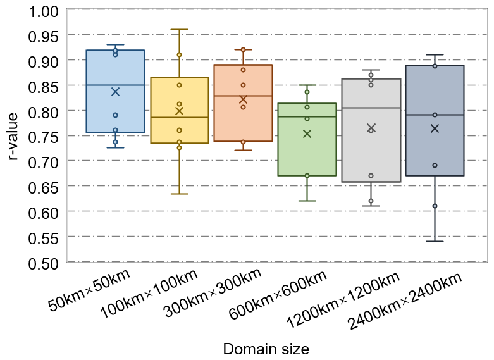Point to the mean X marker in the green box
[x=307, y=133]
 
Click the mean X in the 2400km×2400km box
[x=435, y=128]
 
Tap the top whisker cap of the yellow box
[x=179, y=29]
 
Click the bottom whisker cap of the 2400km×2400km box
[x=435, y=241]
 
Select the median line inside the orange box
[x=243, y=96]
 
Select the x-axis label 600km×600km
[x=288, y=297]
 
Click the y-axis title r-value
[x=14, y=135]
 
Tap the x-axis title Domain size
[x=266, y=349]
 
